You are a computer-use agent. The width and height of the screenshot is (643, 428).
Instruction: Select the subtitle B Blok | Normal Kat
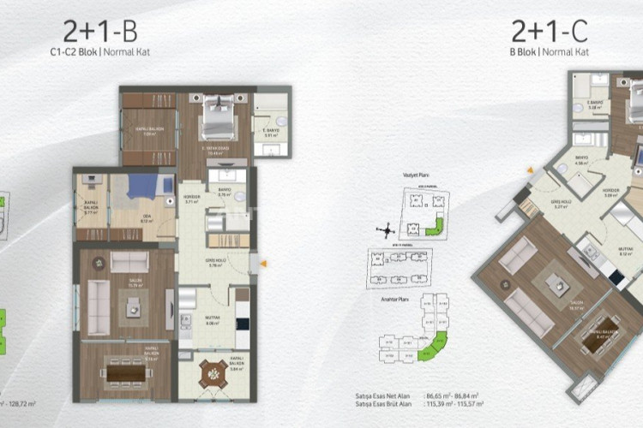(550, 51)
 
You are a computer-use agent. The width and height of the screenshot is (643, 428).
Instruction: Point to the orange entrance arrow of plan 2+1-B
(262, 264)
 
